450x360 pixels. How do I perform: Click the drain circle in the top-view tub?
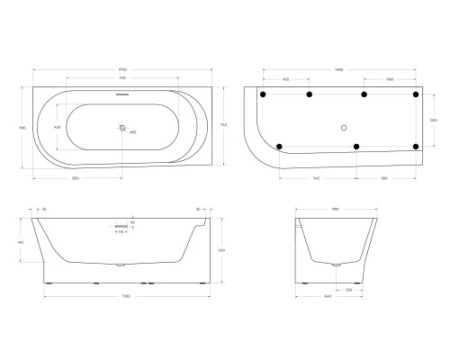click(122, 128)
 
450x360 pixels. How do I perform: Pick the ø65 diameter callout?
click(133, 132)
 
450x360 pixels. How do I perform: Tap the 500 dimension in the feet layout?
click(433, 119)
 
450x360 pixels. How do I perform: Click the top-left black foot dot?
click(263, 94)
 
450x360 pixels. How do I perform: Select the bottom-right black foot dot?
click(415, 146)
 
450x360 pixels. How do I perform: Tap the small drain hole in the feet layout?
click(345, 128)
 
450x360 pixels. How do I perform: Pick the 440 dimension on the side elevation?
click(21, 243)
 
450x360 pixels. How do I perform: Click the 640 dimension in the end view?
click(335, 297)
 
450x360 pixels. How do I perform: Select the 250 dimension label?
click(349, 290)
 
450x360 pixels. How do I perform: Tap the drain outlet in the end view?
click(335, 266)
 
